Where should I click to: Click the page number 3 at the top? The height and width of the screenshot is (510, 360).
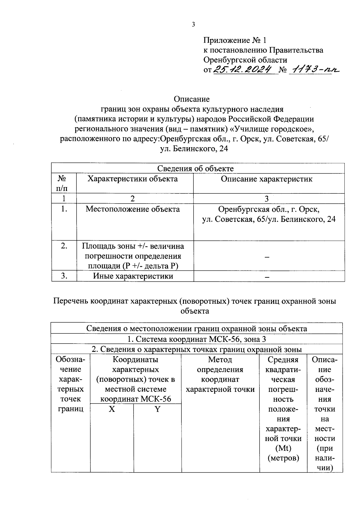[193, 25]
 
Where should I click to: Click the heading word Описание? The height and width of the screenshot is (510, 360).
[191, 99]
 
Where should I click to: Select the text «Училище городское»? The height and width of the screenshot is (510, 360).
[274, 129]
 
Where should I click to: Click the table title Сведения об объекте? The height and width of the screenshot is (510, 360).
[195, 169]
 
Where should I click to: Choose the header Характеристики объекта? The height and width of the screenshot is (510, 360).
[133, 179]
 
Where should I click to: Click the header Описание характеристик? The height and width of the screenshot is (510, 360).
[266, 179]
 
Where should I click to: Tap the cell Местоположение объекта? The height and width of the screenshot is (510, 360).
[133, 209]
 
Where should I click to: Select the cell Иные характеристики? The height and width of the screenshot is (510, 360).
[133, 276]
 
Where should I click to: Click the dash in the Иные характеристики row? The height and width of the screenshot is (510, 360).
[267, 277]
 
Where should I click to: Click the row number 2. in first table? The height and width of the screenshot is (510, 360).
[64, 246]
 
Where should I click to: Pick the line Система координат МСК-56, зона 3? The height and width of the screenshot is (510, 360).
[196, 339]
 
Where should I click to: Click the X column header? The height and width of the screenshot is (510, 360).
[112, 409]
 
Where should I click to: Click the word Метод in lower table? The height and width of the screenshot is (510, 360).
[220, 359]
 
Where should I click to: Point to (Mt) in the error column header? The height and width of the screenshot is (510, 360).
[283, 448]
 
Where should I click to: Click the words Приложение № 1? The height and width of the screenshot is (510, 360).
[235, 40]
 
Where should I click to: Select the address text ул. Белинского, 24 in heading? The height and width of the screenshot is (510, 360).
[194, 148]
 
